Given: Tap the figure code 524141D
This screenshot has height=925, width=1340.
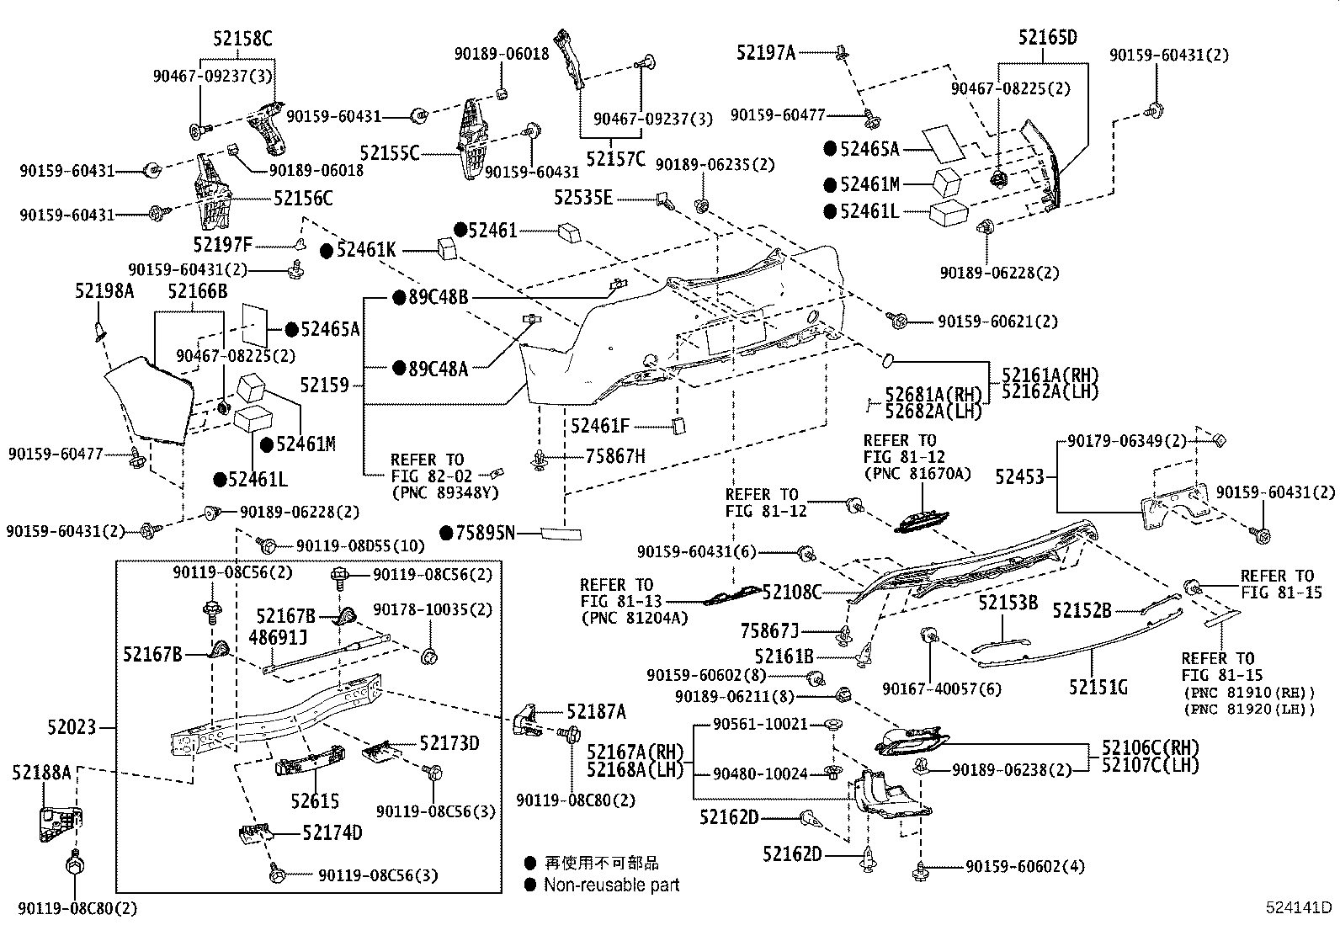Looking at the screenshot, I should [x=1300, y=907].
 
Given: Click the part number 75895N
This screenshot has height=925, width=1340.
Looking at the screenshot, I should [x=484, y=532].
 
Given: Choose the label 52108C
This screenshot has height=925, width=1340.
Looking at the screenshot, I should [x=791, y=593].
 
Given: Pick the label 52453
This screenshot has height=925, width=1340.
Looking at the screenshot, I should [x=1019, y=477].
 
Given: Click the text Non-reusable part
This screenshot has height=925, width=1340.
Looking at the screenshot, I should [x=611, y=885].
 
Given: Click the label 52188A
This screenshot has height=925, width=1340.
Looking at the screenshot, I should [x=42, y=772].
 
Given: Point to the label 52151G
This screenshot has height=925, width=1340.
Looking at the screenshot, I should [x=1098, y=688].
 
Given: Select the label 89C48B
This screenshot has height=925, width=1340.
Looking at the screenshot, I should [x=438, y=297].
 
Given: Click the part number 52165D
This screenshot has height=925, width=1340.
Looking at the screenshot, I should [x=1047, y=38].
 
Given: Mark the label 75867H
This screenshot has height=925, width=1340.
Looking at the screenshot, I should [x=615, y=456].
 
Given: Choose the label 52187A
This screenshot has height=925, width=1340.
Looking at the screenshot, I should [x=596, y=712].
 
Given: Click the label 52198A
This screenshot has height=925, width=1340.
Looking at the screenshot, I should [x=104, y=290].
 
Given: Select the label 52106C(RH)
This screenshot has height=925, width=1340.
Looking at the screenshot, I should [x=1149, y=747].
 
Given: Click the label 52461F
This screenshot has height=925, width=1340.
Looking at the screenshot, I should [x=600, y=427].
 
